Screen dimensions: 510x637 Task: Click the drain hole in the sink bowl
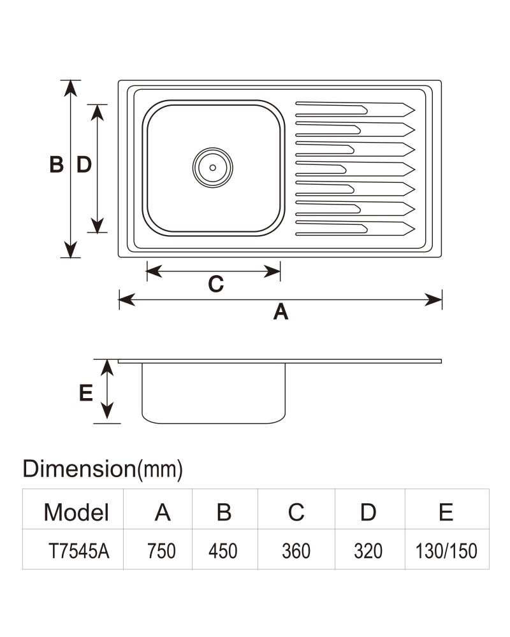pos(213,168)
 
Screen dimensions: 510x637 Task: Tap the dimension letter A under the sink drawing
pos(280,312)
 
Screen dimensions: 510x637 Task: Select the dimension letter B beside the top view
pos(57,165)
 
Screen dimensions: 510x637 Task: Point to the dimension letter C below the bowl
pos(216,284)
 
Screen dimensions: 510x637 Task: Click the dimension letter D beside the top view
pos(84,165)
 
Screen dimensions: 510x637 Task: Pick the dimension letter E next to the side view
pos(86,393)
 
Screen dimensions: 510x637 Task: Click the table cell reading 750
pos(161,551)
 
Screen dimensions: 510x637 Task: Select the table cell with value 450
pos(223,551)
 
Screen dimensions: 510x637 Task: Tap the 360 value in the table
pos(296,551)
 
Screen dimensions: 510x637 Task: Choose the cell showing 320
pos(368,551)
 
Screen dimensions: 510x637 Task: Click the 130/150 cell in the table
pos(446,551)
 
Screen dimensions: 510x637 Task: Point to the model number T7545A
pos(79,551)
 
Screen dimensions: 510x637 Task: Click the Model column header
pos(76,512)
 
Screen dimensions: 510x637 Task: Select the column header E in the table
pos(446,512)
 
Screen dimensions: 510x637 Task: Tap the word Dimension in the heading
pos(79,469)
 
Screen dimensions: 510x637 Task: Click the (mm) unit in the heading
pos(160,469)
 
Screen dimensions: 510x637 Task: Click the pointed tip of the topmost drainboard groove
pos(414,110)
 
